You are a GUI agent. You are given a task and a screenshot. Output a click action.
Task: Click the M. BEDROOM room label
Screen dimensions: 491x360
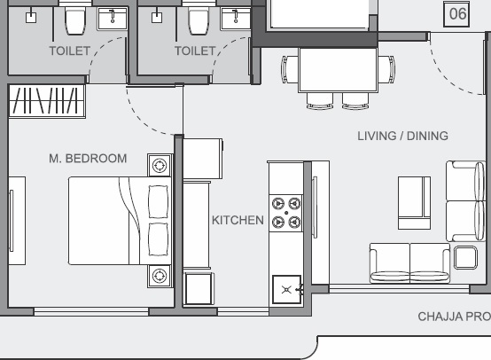tap(88, 159)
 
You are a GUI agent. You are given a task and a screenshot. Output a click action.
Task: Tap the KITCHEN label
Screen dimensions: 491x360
tap(238, 220)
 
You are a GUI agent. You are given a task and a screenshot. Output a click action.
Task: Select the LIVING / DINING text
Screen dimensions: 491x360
tap(402, 136)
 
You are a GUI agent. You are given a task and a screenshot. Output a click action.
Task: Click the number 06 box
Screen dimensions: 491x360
tap(456, 14)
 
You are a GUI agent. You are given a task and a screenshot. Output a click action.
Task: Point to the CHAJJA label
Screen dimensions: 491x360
tap(440, 317)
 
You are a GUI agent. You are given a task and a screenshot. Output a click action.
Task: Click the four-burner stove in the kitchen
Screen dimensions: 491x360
tap(286, 213)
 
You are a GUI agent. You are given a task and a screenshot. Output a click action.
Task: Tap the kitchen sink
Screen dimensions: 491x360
tap(286, 289)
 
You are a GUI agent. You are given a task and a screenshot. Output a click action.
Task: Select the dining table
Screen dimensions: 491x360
tap(339, 69)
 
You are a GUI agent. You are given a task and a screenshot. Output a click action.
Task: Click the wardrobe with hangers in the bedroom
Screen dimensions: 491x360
tap(47, 101)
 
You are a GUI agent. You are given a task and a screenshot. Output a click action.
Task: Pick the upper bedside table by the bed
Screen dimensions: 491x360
tap(160, 165)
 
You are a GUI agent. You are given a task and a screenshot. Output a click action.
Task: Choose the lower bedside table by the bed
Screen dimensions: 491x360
tap(160, 276)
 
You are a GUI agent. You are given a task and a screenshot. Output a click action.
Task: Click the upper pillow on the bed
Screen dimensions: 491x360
tap(158, 201)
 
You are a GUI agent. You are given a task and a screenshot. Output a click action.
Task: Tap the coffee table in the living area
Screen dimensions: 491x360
tap(414, 203)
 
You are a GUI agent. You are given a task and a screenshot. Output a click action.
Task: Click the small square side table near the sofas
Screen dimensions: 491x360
tap(465, 257)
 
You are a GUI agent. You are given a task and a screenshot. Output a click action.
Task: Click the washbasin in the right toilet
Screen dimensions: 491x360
tap(236, 19)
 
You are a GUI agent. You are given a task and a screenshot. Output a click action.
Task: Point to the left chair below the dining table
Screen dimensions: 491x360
tap(320, 100)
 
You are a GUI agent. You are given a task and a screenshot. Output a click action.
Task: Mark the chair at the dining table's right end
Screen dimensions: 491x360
tap(386, 69)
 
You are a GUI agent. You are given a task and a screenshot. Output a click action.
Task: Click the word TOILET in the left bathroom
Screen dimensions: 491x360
tap(70, 51)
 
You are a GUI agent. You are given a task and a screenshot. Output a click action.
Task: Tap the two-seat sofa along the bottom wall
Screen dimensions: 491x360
tap(409, 263)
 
